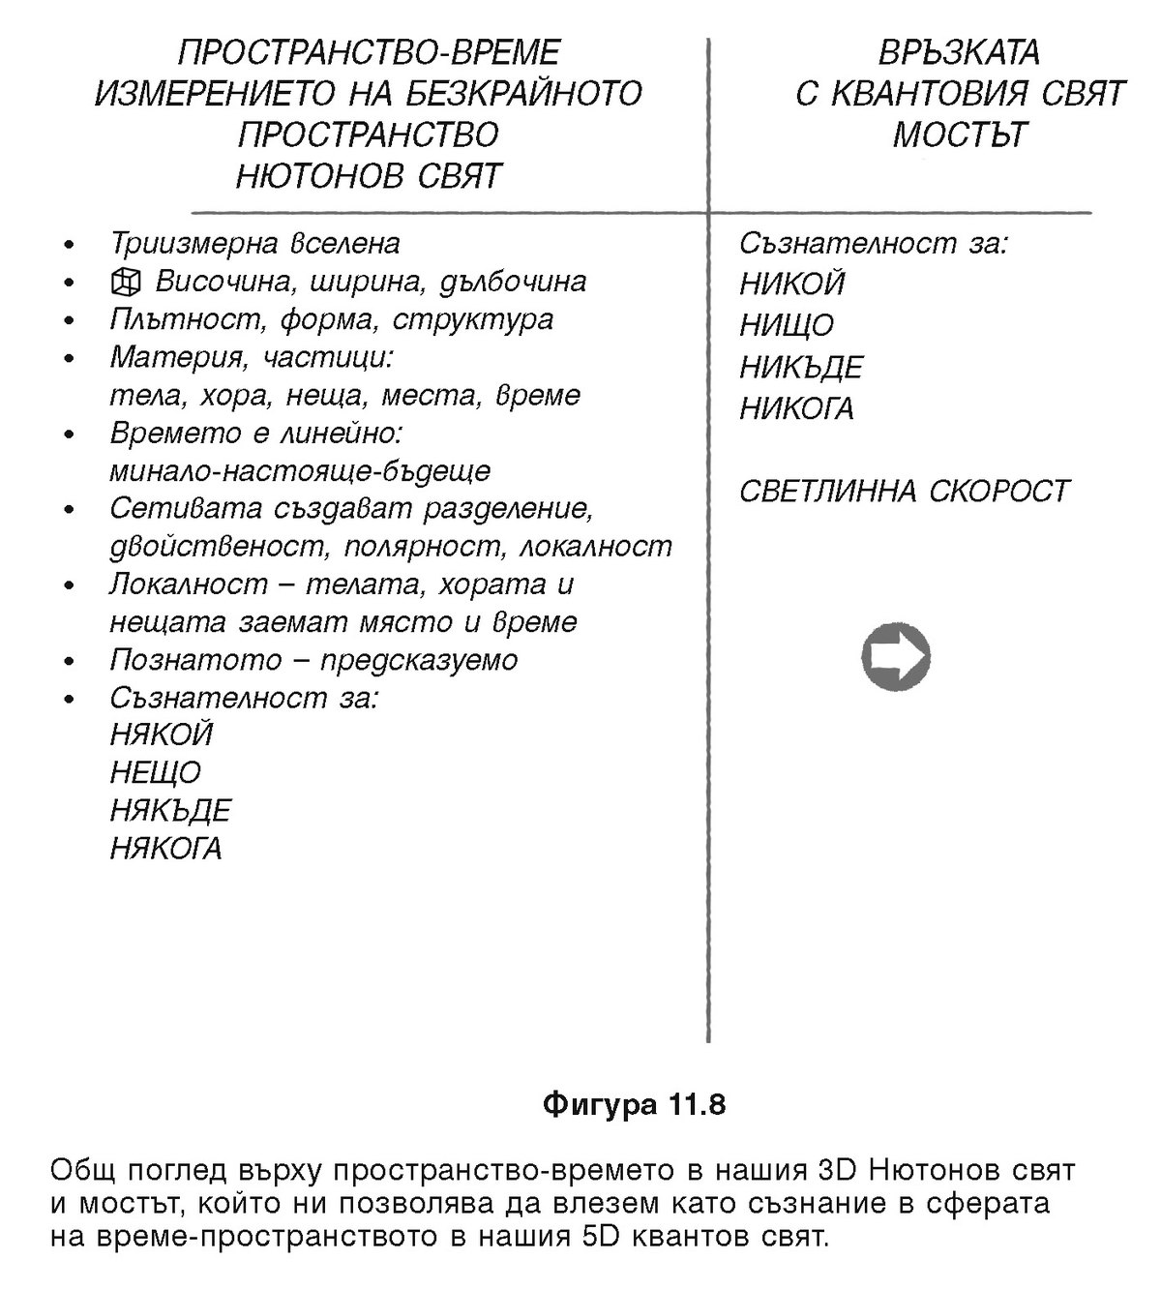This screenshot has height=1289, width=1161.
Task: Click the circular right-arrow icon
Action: pyautogui.click(x=895, y=658)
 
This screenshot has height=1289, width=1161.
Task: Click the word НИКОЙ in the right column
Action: pyautogui.click(x=791, y=284)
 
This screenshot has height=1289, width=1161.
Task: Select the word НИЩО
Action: pyautogui.click(x=786, y=325)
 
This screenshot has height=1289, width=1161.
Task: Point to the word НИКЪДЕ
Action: pyautogui.click(x=801, y=368)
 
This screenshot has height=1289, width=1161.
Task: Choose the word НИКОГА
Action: pyautogui.click(x=796, y=409)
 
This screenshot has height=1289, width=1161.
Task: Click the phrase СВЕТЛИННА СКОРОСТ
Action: pyautogui.click(x=904, y=491)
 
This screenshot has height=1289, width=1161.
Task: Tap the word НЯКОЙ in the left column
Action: pyautogui.click(x=161, y=734)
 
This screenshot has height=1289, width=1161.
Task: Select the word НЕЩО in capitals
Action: pyautogui.click(x=155, y=772)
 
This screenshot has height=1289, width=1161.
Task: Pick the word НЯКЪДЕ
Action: pyautogui.click(x=170, y=810)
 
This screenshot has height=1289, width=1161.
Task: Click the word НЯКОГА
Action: pyautogui.click(x=165, y=849)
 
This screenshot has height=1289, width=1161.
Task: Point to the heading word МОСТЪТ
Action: pyautogui.click(x=959, y=135)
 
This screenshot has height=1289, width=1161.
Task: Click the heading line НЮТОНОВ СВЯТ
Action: pyautogui.click(x=369, y=176)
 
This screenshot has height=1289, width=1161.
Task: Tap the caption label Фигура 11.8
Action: pyautogui.click(x=634, y=1104)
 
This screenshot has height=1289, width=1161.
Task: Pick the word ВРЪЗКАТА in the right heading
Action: pyautogui.click(x=959, y=51)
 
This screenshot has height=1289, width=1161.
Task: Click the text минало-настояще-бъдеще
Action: pyautogui.click(x=300, y=471)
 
